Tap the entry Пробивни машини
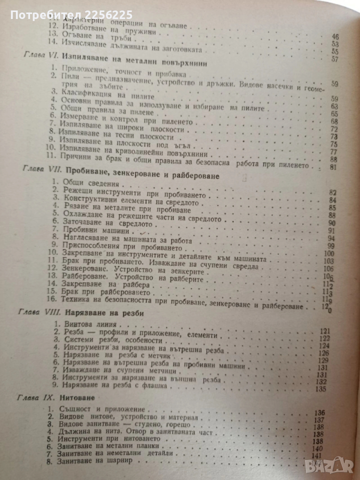(x=94, y=231)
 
